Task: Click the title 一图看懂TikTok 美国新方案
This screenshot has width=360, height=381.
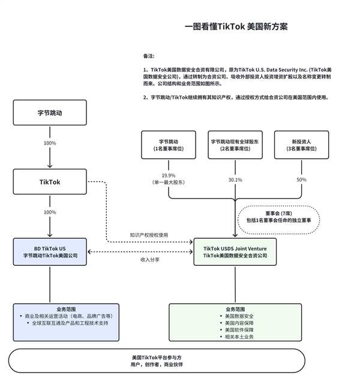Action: (x=236, y=26)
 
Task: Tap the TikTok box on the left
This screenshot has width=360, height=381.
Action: (x=50, y=181)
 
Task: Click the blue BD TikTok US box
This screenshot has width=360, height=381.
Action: (x=50, y=251)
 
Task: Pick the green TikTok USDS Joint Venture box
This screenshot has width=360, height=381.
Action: (x=235, y=251)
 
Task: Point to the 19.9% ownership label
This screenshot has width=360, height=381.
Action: (x=169, y=175)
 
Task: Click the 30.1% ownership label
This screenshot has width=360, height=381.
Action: (x=235, y=179)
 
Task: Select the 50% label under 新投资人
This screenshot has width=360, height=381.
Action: (x=301, y=179)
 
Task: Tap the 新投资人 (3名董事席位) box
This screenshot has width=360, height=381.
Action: (x=301, y=145)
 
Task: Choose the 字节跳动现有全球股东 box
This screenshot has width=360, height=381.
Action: (x=235, y=145)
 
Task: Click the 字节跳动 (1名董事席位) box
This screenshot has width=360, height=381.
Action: (x=169, y=145)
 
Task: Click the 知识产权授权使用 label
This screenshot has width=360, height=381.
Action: (x=149, y=235)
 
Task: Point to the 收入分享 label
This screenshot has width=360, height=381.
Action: (x=149, y=259)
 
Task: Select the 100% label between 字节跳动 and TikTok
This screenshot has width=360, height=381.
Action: (x=50, y=143)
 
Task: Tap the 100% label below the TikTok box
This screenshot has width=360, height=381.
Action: (x=50, y=212)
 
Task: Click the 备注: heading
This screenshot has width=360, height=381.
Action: (x=149, y=55)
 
